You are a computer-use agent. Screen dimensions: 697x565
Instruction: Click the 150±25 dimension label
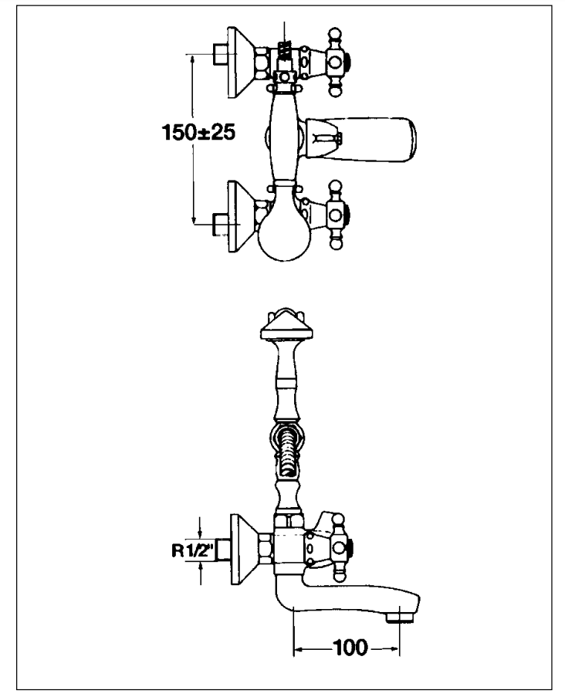[198, 132]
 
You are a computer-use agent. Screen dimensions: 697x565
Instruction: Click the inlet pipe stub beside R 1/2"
[223, 550]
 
